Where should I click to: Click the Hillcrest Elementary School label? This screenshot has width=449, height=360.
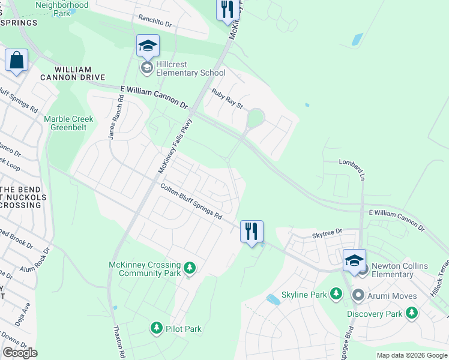click(x=190, y=68)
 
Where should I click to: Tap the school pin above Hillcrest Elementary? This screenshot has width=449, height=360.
click(x=147, y=46)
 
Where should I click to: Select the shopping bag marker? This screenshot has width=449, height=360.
click(x=16, y=60)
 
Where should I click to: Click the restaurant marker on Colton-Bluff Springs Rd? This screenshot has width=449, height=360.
click(x=252, y=231)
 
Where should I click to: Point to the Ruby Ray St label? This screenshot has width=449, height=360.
click(x=227, y=98)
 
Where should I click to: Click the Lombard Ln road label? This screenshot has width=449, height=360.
click(x=352, y=169)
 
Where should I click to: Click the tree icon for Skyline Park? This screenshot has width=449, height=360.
click(x=336, y=295)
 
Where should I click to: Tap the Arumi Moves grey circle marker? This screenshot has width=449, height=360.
click(x=358, y=295)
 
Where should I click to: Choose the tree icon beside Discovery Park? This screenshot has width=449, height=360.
click(x=411, y=313)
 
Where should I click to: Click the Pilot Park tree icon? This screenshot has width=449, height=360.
click(x=157, y=328)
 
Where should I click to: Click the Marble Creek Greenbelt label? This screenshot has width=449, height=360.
click(x=68, y=123)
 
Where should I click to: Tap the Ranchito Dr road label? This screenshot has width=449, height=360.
click(x=155, y=21)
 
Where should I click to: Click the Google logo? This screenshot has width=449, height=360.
click(x=20, y=353)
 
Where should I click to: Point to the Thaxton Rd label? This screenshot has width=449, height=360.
click(x=119, y=343)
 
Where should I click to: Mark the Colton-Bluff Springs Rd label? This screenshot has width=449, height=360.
click(x=191, y=200)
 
